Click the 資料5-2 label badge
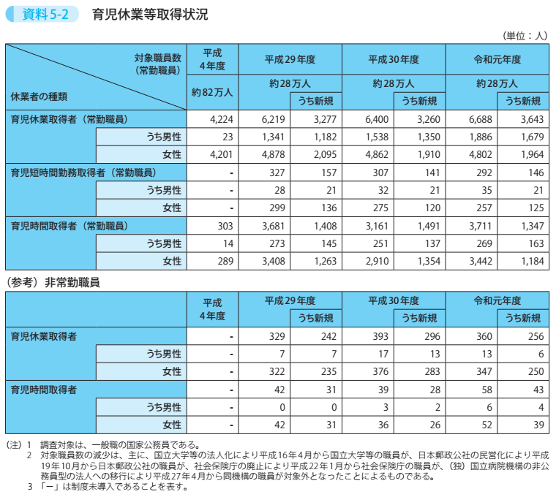point(42,14)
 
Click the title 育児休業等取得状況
point(150,14)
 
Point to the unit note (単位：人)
point(525,35)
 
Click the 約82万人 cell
point(212,92)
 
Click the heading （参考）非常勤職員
point(53,281)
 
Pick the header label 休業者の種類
point(40,96)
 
